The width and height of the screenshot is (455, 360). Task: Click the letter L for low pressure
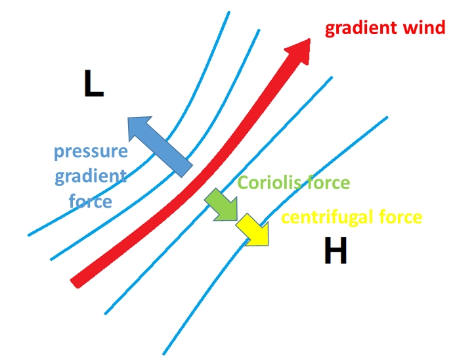click(x=93, y=85)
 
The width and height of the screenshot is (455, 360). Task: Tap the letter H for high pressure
click(x=336, y=251)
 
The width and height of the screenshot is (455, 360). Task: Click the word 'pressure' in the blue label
click(x=91, y=152)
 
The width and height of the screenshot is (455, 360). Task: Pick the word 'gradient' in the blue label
click(x=91, y=176)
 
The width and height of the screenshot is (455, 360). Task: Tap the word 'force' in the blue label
click(x=91, y=200)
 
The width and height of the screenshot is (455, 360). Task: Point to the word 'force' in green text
click(x=326, y=183)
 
